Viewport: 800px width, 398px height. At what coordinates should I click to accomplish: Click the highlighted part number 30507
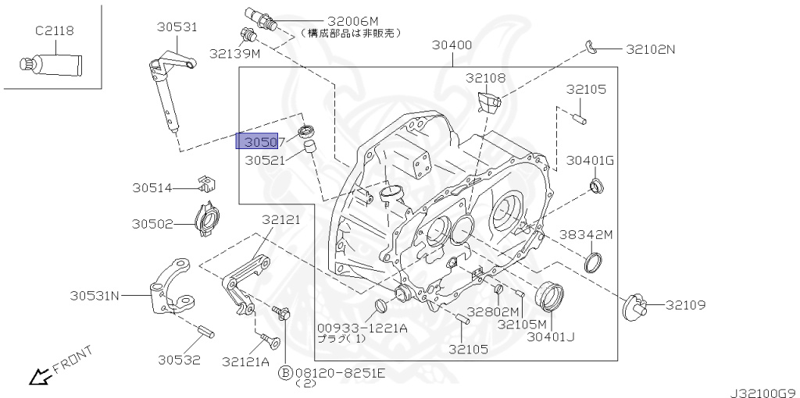coord(262,141)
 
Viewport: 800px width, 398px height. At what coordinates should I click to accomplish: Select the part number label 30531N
coord(94,296)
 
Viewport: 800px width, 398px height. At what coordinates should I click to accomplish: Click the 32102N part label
coord(649,48)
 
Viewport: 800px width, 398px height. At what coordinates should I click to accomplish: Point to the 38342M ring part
coord(595,263)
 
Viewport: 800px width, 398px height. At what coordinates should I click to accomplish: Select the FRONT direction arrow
coord(37,378)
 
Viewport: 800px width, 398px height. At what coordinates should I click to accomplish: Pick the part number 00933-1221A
coord(362,328)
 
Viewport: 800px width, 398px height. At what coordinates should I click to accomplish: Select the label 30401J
coord(550,337)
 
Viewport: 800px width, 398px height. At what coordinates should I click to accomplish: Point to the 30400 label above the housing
coord(452,45)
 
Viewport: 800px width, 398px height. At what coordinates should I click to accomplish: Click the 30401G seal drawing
coord(598,186)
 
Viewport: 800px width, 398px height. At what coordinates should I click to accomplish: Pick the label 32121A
coord(245,361)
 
